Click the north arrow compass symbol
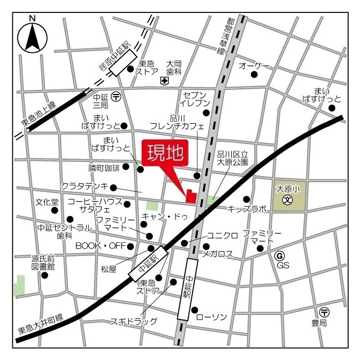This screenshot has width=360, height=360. pyautogui.click(x=33, y=37)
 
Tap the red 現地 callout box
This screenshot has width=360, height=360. pyautogui.click(x=165, y=153)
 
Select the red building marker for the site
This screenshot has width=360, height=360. pyautogui.click(x=191, y=196)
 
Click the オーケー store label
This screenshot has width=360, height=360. pyautogui.click(x=254, y=66)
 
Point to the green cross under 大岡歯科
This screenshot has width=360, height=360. pyautogui.click(x=164, y=82)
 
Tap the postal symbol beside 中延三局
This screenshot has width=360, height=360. pyautogui.click(x=116, y=96)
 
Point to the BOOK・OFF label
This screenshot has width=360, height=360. pyautogui.click(x=101, y=246)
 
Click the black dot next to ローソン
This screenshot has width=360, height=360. pyautogui.click(x=195, y=310)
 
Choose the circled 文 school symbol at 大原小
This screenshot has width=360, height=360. pyautogui.click(x=287, y=200)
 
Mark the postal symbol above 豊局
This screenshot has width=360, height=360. pyautogui.click(x=323, y=312)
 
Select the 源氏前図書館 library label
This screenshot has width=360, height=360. pyautogui.click(x=43, y=263)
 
